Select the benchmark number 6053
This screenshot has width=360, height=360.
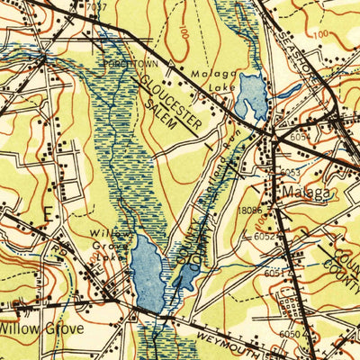[x=288, y=172]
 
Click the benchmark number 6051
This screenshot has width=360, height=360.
[x=275, y=271]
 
